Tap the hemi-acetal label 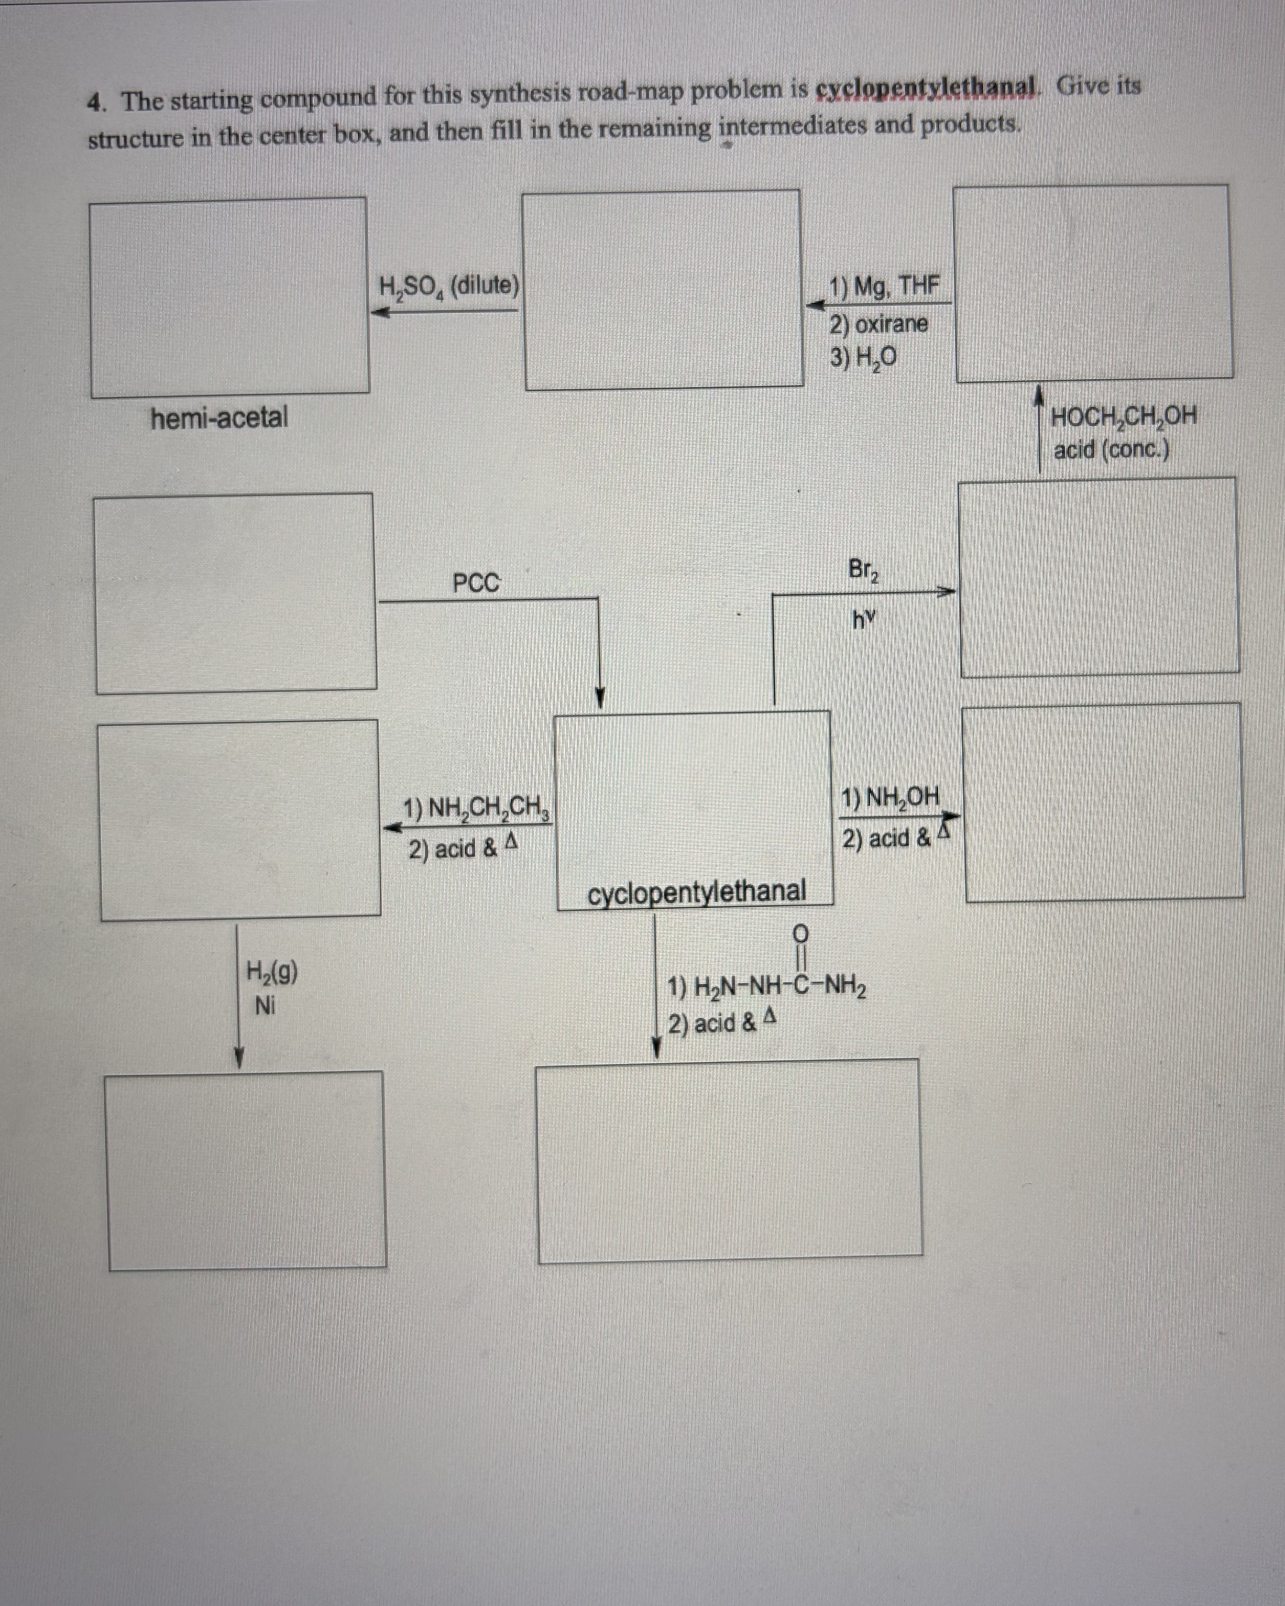219,418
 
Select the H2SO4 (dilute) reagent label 448,286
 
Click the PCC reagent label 477,582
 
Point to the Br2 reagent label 863,570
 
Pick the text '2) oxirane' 879,324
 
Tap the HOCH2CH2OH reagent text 1123,416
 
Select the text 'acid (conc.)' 1111,450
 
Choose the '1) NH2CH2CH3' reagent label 476,809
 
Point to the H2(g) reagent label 272,971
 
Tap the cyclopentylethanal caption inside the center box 697,891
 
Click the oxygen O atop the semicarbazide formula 800,932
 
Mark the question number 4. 95,102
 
